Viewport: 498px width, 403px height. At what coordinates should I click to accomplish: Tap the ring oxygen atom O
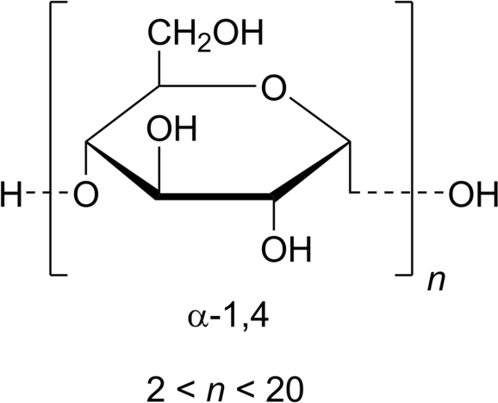(273, 87)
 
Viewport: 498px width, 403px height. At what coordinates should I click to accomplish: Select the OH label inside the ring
(171, 129)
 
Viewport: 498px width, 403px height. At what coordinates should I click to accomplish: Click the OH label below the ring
(285, 249)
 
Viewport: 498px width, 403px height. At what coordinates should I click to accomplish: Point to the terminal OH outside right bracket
(473, 195)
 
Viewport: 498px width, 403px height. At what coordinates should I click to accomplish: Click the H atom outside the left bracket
(11, 195)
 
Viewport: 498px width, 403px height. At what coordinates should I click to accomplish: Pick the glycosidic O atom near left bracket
(85, 195)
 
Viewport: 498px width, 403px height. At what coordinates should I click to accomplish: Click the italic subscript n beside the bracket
(435, 281)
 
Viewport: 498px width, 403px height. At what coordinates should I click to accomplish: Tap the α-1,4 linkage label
(228, 319)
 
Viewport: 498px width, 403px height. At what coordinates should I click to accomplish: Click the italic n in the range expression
(215, 392)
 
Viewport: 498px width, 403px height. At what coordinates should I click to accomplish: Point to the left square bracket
(51, 138)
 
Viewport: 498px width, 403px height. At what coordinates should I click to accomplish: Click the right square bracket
(412, 138)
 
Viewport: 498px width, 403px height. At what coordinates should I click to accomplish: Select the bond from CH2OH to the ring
(159, 68)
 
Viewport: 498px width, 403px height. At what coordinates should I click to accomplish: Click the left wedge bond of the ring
(122, 170)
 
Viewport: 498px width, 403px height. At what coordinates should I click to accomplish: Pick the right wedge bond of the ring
(311, 170)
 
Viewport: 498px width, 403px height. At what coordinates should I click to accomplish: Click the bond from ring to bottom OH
(273, 214)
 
